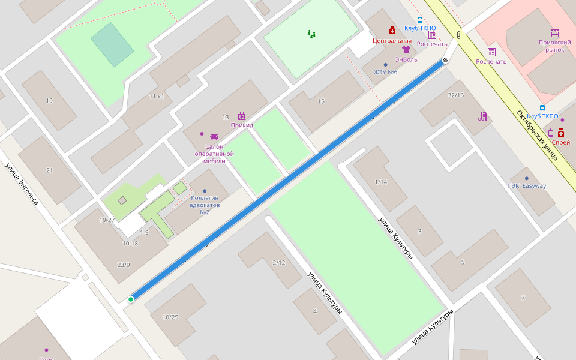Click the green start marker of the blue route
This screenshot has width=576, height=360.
click(131, 299)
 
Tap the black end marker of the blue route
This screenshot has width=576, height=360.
click(446, 60)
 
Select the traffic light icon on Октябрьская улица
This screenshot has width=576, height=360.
click(459, 35)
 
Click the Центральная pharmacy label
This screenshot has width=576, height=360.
click(392, 41)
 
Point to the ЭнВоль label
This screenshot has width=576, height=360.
click(406, 59)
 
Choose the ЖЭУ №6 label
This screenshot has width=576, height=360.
click(386, 72)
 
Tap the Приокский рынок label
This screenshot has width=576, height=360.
click(554, 46)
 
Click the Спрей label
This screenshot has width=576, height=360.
click(561, 142)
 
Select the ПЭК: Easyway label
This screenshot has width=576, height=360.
click(526, 185)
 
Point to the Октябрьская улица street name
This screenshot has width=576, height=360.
click(538, 135)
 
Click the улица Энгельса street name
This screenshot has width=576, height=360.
click(22, 184)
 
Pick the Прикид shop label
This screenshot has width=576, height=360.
click(242, 125)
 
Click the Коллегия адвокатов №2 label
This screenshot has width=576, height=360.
click(204, 205)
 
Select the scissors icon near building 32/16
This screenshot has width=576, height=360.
click(482, 116)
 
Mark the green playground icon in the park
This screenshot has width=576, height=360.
click(311, 34)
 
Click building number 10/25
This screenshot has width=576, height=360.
click(170, 317)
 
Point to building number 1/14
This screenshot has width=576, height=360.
click(381, 182)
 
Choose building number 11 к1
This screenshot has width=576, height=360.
click(157, 96)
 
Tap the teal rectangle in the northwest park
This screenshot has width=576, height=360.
click(112, 44)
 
